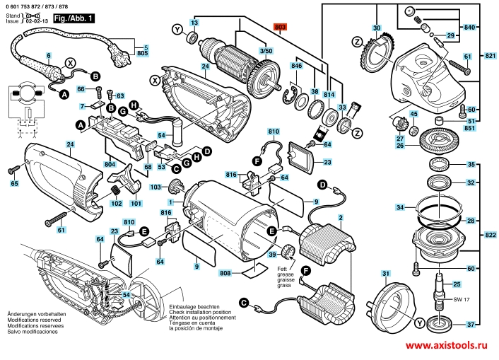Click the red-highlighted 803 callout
coord(281,26)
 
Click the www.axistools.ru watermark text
coord(447,346)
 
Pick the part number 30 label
coord(377,28)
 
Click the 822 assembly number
coord(491,234)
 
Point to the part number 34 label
coord(400,208)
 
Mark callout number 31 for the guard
coord(385,274)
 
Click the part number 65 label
coord(13,184)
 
